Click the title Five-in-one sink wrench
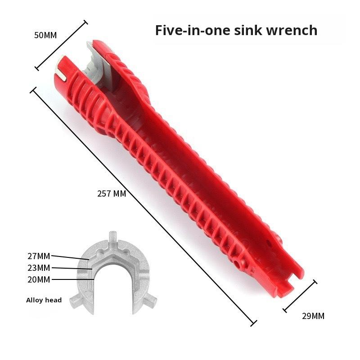point(236,30)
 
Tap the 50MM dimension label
point(45,36)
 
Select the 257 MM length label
point(112,194)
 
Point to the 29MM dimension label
point(313,316)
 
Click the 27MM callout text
point(39,256)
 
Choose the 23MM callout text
point(39,268)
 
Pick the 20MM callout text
point(39,279)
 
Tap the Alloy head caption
point(44,300)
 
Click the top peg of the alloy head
point(112,237)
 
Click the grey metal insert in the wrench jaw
point(97,62)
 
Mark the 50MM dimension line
point(61,45)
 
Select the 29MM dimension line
point(300,296)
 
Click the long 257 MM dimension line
point(144,207)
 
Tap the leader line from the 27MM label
point(70,257)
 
